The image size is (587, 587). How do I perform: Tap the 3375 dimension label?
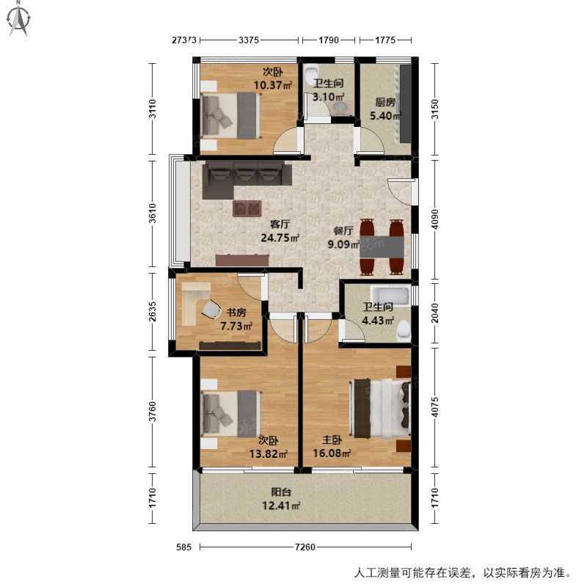pos(249,40)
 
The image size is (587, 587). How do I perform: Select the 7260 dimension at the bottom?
pos(305,547)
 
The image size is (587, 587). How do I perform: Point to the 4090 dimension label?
pos(434,219)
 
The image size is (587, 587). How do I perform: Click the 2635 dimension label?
pos(152,311)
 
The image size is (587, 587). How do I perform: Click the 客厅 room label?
pos(280,224)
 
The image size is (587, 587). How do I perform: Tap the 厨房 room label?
pos(385,102)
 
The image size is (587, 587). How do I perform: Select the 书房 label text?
pos(236,312)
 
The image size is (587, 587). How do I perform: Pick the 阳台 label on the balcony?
pos(281,492)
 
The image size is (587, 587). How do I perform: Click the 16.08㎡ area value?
pos(332,453)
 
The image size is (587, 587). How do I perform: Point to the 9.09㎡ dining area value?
pos(343,244)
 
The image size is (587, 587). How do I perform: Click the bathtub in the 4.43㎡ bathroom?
pos(390,295)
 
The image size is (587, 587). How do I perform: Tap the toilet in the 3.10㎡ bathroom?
pos(311,73)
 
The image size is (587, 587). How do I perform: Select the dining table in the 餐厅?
pos(382,247)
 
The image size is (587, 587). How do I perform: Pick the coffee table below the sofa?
pos(247,208)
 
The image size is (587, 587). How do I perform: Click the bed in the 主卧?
pos(380,408)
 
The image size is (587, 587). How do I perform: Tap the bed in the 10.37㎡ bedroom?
pos(230,115)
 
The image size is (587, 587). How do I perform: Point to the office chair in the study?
pos(211,310)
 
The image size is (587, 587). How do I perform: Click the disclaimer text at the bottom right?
pos(463,573)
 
